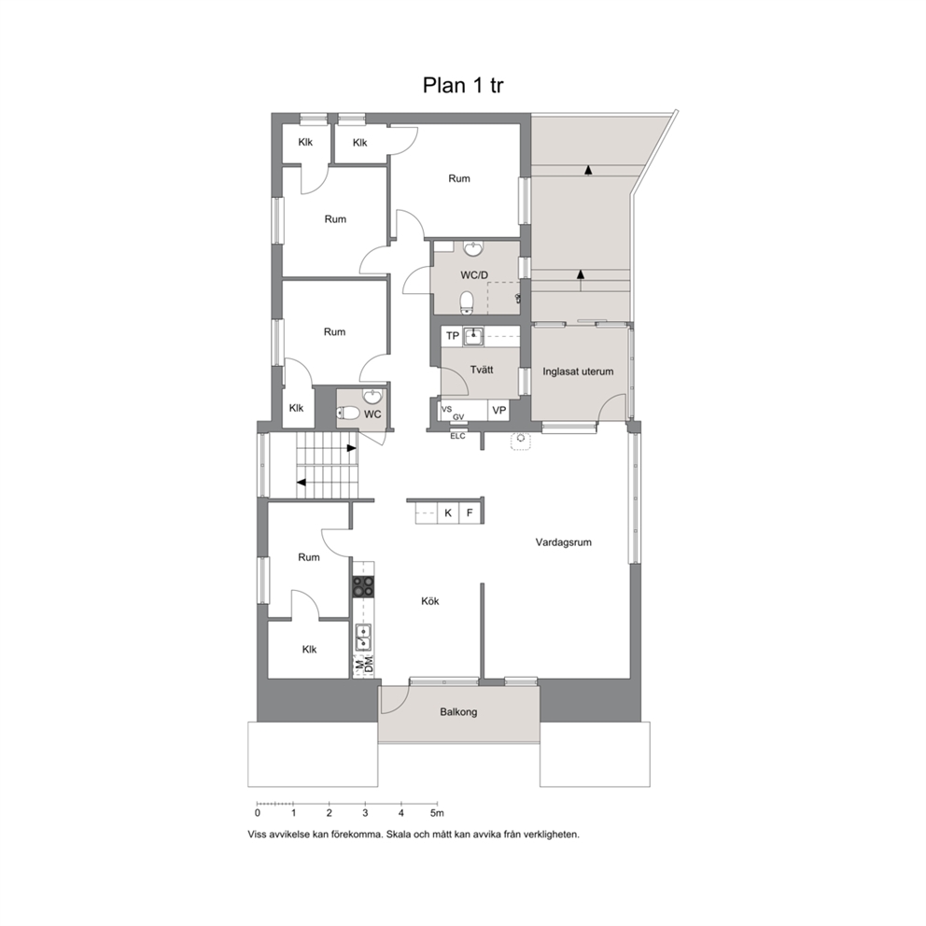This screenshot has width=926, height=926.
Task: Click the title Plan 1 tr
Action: [x=463, y=85]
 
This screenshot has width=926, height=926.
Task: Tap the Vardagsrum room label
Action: [x=564, y=542]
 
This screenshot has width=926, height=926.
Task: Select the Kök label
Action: [x=430, y=601]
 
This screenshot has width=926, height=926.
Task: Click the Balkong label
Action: [x=458, y=712]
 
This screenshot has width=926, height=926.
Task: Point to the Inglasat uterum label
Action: [x=578, y=372]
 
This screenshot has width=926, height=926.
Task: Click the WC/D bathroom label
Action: [x=474, y=275]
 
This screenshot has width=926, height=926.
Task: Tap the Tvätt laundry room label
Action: [x=482, y=370]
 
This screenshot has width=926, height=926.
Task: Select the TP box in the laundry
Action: [x=453, y=336]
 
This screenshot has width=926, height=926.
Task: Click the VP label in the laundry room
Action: [x=499, y=411]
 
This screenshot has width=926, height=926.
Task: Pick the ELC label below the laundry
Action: [x=457, y=437]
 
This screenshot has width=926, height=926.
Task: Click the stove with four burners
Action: [x=363, y=586]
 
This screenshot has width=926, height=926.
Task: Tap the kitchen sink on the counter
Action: [x=363, y=638]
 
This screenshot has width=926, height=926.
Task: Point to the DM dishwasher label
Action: [x=369, y=666]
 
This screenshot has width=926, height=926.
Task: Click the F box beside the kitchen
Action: [x=470, y=512]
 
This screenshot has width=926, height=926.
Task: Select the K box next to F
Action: [x=448, y=512]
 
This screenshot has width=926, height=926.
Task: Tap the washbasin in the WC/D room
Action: [x=472, y=248]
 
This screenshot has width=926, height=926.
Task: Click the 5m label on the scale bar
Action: [x=437, y=813]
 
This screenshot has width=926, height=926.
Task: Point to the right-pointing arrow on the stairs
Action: [x=351, y=448]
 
